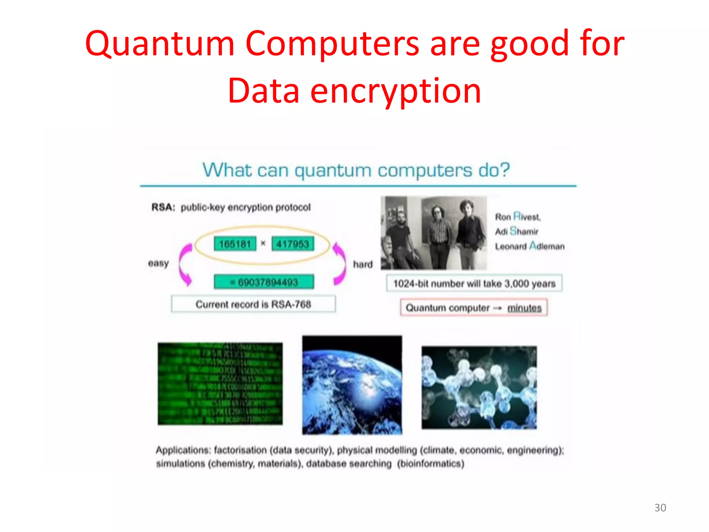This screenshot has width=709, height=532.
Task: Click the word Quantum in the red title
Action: tap(160, 44)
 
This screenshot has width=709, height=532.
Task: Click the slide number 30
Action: tap(660, 507)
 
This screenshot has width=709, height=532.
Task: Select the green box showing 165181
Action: tap(235, 244)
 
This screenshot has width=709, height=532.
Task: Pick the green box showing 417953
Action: tap(293, 244)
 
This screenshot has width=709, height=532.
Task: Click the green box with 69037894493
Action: tap(264, 282)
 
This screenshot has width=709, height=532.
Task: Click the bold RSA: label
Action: tap(163, 207)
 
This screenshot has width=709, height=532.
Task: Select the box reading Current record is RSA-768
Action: tap(253, 304)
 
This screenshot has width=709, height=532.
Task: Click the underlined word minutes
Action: tap(524, 308)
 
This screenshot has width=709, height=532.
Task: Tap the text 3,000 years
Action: tap(530, 284)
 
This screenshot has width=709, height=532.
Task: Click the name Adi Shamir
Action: tap(517, 231)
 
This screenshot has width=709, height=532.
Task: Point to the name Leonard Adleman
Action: tap(530, 246)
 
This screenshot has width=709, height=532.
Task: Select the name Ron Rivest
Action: tap(518, 217)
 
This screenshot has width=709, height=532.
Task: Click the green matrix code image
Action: tap(220, 384)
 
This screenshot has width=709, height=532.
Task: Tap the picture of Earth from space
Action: tap(352, 385)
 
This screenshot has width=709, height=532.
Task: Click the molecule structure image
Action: tap(479, 387)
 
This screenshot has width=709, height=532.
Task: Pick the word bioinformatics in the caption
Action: tap(430, 463)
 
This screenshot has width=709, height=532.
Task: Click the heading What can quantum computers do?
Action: tap(356, 170)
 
